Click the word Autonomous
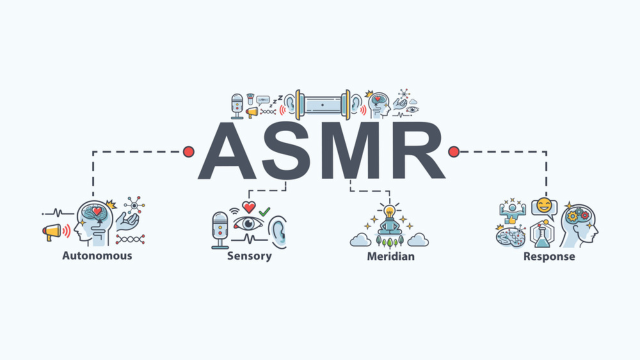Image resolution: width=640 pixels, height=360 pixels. [x=97, y=255]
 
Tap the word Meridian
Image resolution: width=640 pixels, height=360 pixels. [x=390, y=256]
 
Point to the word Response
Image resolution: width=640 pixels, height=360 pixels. [x=549, y=256]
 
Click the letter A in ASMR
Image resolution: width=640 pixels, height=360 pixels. [x=227, y=151]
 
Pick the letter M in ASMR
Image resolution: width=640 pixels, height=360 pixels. [x=350, y=150]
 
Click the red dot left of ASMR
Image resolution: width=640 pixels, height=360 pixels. [x=188, y=151]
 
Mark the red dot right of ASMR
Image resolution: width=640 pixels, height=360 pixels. [x=453, y=151]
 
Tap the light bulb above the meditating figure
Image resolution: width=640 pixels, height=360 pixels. [x=389, y=211]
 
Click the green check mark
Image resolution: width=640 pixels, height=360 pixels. [x=264, y=211]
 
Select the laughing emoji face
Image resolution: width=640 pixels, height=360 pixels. [x=544, y=205]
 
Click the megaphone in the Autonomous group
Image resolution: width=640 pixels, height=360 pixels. [x=52, y=231]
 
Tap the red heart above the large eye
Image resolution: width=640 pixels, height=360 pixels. [x=249, y=207]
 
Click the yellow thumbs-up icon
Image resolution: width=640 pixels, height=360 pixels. [x=511, y=220]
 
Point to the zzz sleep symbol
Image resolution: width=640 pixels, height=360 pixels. [x=276, y=100]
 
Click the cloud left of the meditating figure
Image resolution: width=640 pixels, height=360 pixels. [x=360, y=239]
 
